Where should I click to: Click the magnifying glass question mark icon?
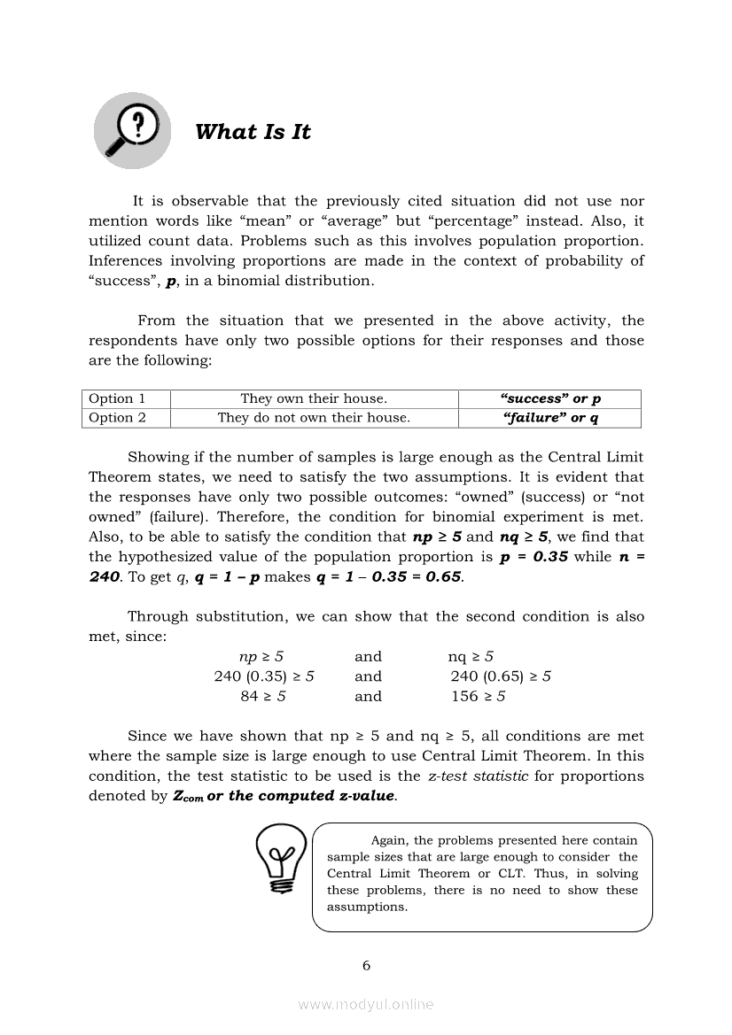point(132,132)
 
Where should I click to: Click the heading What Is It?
point(253,132)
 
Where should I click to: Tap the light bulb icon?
point(281,858)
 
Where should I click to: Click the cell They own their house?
point(314,398)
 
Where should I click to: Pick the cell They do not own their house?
point(314,418)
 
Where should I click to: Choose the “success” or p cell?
point(550,398)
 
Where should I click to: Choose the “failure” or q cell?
point(550,418)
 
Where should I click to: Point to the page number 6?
point(366,965)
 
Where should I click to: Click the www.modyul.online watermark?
point(366,1004)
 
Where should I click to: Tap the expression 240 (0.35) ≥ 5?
point(264,676)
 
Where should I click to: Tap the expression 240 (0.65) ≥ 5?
point(501,676)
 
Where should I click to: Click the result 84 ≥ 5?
point(263,696)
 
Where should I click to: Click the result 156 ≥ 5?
point(479,696)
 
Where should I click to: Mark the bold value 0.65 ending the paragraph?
point(442,577)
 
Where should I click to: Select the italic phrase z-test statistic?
point(478,776)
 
